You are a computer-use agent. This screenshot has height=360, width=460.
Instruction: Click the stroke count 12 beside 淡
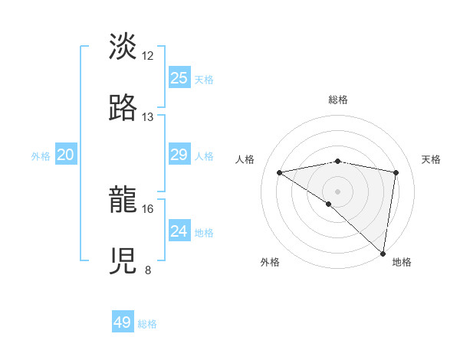click(x=148, y=55)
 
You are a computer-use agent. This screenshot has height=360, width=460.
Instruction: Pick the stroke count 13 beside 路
click(x=148, y=116)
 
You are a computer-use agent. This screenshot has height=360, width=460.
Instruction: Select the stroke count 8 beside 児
click(x=148, y=270)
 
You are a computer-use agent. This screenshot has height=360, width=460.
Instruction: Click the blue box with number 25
click(x=179, y=77)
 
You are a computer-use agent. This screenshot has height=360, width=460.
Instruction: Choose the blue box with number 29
click(x=179, y=155)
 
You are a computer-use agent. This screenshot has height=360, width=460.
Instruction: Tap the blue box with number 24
click(x=179, y=231)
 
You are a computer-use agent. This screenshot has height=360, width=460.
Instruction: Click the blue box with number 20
click(x=66, y=155)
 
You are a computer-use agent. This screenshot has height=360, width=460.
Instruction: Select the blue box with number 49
click(x=123, y=322)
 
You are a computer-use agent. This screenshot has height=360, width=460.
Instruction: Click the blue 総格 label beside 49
click(x=147, y=324)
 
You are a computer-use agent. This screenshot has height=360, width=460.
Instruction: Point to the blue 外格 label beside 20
click(x=41, y=156)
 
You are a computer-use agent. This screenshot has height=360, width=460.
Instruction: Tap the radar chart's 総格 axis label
click(x=338, y=100)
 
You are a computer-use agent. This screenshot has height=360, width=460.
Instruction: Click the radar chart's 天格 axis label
click(x=432, y=159)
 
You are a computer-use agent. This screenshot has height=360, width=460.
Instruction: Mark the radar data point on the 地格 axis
click(x=383, y=253)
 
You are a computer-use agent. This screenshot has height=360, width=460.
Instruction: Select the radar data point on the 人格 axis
click(x=280, y=172)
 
